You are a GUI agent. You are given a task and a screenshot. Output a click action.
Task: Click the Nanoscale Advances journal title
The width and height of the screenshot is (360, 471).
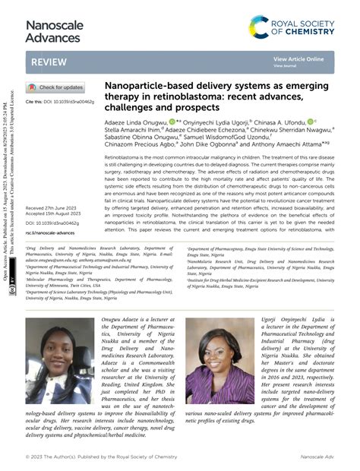(54, 32)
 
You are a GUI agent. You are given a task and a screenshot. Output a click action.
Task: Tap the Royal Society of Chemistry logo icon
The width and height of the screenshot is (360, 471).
(260, 28)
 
